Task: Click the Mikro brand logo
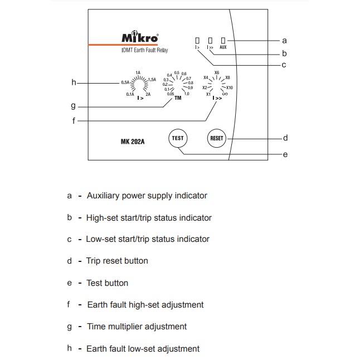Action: point(139,38)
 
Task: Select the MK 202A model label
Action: point(133,141)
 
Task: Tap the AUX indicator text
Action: point(223,48)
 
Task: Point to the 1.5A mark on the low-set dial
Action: point(152,80)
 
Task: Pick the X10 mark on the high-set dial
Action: point(230,88)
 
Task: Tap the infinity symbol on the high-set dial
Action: point(225,94)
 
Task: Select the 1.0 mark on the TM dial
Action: point(186,94)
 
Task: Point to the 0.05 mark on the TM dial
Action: point(170,93)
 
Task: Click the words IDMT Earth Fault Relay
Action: point(144,51)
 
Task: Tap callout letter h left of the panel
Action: point(74,82)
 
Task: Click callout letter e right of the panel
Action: point(286,154)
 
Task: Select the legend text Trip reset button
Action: point(117,261)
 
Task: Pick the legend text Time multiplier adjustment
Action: point(137,327)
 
